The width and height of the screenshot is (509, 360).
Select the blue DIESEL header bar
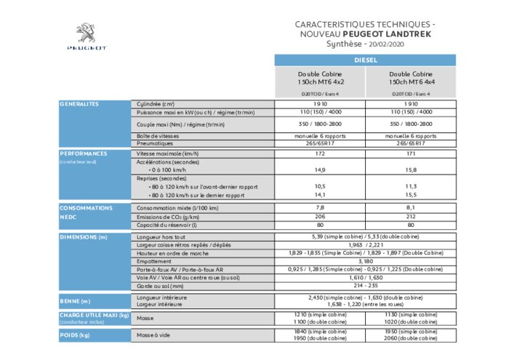click(x=366, y=60)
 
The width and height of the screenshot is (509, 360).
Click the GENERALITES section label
click(x=79, y=104)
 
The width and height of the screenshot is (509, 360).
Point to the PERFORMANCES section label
click(x=84, y=153)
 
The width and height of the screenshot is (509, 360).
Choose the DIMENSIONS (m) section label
click(x=84, y=237)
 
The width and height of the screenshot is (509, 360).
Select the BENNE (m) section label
click(x=76, y=300)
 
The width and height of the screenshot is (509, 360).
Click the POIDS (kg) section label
click(x=75, y=335)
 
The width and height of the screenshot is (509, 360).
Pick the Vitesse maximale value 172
click(x=320, y=153)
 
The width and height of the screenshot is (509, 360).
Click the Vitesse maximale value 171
click(x=412, y=153)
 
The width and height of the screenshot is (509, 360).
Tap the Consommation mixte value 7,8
click(x=320, y=208)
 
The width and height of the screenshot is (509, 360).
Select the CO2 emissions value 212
click(x=412, y=217)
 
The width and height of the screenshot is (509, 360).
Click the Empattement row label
click(x=155, y=261)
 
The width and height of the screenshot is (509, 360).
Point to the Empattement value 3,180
click(x=366, y=261)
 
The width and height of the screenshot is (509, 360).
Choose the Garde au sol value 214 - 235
click(x=366, y=287)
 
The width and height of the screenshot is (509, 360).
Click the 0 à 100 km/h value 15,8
click(x=412, y=169)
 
